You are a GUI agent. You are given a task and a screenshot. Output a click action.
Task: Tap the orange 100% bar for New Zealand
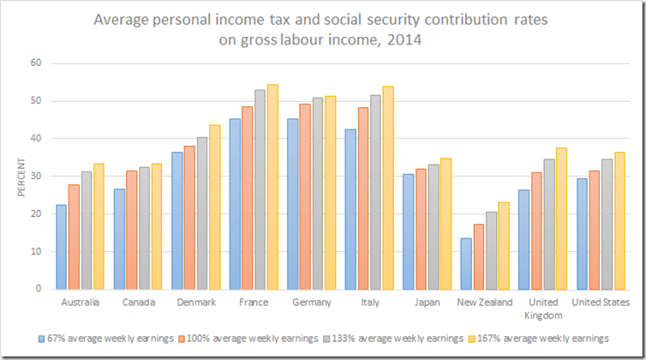point(479,256)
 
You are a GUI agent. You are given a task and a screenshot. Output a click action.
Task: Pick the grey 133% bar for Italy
point(374,192)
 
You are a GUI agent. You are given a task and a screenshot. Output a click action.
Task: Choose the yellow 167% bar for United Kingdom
point(561,219)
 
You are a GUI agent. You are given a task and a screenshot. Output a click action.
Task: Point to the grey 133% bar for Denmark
point(201,213)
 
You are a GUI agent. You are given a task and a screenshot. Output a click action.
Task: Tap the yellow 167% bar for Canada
point(157,226)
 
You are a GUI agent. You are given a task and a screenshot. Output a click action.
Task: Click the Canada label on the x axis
point(138,303)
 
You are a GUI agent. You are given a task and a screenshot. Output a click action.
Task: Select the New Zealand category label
point(485,303)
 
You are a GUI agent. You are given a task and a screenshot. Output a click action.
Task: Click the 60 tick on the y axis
point(35,63)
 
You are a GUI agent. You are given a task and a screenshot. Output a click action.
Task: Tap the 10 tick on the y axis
point(35,251)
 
